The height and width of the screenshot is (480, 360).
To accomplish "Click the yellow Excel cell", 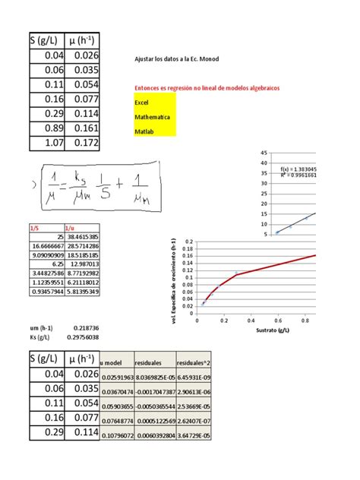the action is [154, 102].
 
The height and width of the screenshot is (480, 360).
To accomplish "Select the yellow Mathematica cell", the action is [154, 117].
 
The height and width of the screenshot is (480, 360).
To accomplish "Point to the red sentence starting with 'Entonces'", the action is [206, 88].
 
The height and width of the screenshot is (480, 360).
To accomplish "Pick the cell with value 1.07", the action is [48, 143].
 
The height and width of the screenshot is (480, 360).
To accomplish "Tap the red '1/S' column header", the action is [34, 226].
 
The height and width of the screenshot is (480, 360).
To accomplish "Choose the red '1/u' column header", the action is [71, 226].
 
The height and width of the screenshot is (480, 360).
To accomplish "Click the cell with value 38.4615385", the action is [83, 237].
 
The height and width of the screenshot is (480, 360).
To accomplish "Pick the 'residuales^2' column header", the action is [194, 363].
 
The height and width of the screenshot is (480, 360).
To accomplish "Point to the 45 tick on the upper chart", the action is [264, 153].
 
